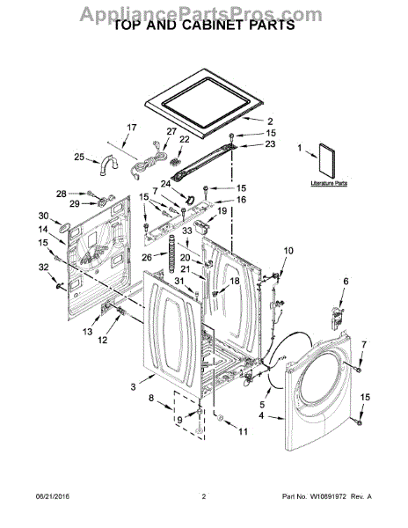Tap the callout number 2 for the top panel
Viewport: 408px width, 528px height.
270,121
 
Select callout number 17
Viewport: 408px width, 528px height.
131,128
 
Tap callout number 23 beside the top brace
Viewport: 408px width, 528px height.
270,144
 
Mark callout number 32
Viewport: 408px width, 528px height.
43,267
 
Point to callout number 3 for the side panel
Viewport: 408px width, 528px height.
133,386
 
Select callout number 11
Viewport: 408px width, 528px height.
244,432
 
